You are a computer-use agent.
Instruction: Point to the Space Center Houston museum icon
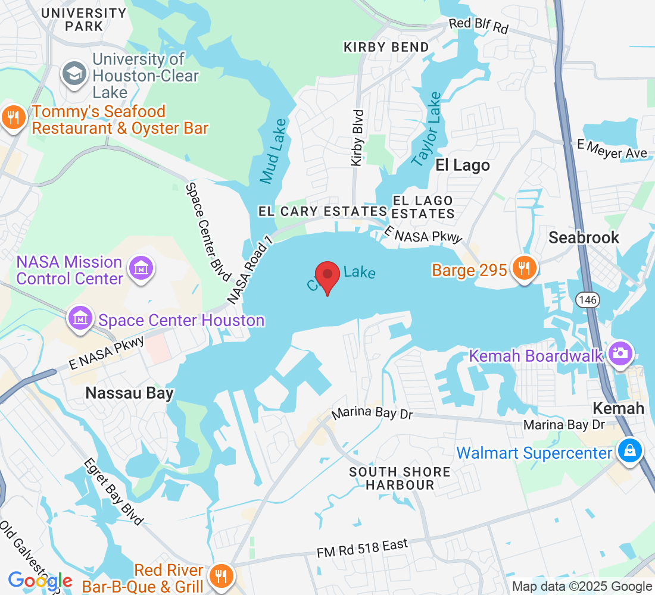tap(80, 320)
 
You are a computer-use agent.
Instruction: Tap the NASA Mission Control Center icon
tap(142, 270)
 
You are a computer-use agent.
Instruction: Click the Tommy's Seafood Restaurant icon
tap(13, 119)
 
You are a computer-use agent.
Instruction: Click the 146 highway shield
tap(587, 300)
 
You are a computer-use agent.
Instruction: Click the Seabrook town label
tap(584, 238)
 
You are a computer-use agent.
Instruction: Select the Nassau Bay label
tap(129, 393)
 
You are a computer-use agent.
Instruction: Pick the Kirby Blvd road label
tap(357, 137)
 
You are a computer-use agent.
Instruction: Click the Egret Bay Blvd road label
tap(114, 491)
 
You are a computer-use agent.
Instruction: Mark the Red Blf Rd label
tap(478, 26)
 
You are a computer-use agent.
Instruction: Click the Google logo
tap(40, 581)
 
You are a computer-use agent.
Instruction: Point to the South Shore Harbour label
tap(400, 478)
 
